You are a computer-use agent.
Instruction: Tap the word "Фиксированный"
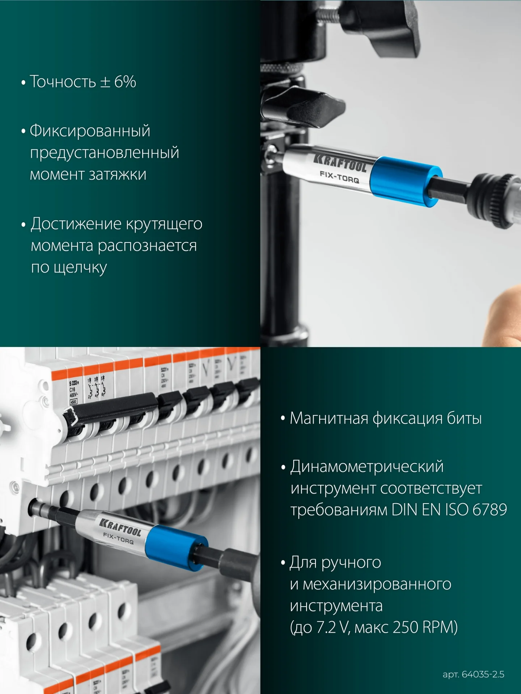[90, 131]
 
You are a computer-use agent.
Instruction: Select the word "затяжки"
[118, 175]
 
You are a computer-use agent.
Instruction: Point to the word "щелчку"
[80, 268]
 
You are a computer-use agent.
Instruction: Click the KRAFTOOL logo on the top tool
[340, 162]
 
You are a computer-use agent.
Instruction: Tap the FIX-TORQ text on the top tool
[339, 177]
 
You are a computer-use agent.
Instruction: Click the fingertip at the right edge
[505, 314]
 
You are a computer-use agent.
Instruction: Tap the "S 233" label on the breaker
[74, 383]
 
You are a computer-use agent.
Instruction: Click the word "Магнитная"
[328, 419]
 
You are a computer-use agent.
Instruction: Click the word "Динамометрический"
[367, 467]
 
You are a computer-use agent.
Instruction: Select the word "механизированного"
[377, 584]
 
